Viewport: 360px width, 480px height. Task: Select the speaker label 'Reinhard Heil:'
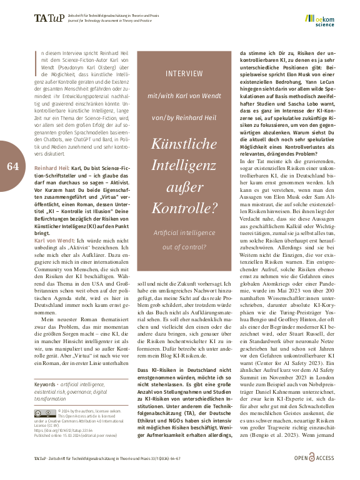tap(52, 169)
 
